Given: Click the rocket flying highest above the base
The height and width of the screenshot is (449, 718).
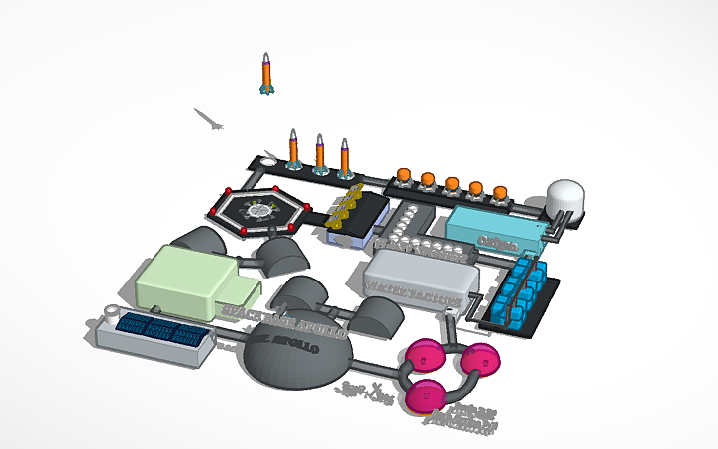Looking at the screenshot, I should coord(265,73).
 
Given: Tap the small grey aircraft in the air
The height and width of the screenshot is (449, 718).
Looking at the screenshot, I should coord(209,120).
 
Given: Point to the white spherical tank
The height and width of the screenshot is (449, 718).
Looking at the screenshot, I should coord(565,197).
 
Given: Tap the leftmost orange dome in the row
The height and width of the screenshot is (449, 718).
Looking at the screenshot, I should coord(404,176).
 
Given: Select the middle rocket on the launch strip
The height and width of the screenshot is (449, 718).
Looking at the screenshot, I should coord(320,153).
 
